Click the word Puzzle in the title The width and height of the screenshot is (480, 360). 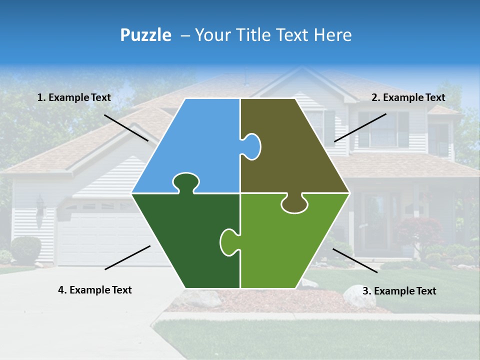pos(145,35)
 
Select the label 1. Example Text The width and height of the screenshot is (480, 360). pos(74,97)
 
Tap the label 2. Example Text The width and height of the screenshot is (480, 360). pos(408,97)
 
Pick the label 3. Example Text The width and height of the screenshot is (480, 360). pos(399,291)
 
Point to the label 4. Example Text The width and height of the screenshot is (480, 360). pos(95,290)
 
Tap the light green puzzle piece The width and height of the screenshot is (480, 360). pos(290,245)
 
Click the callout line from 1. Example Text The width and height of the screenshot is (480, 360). pos(126,127)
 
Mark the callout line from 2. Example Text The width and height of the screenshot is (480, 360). pos(360,127)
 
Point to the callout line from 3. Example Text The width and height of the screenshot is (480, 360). pos(355,260)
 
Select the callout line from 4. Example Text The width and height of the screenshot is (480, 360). pos(127,257)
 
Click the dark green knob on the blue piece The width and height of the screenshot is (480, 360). pos(185,182)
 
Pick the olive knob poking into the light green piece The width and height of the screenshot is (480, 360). pos(294,204)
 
